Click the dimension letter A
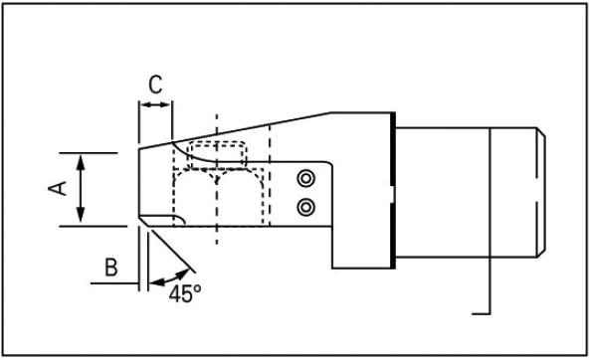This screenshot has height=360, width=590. (x=58, y=188)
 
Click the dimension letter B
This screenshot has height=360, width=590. (x=111, y=268)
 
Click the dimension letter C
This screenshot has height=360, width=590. (x=155, y=85)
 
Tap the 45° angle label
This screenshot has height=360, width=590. (x=185, y=293)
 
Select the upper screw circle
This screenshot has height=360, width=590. (x=305, y=178)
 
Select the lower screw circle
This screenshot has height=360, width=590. (x=305, y=207)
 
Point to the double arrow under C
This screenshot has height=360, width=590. (x=156, y=105)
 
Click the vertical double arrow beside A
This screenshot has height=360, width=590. (x=81, y=190)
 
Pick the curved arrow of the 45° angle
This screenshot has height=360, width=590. (x=169, y=277)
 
